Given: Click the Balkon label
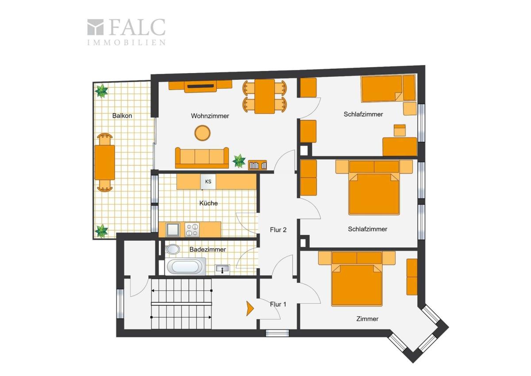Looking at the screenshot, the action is tap(122, 116).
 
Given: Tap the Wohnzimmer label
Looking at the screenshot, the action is tap(210, 116).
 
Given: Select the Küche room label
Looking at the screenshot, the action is tap(208, 203).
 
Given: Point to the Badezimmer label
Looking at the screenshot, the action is tap(208, 249).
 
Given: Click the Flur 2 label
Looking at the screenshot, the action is tap(278, 230).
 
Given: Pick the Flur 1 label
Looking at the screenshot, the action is tap(278, 304).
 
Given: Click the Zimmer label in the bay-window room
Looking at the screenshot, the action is tap(367, 319).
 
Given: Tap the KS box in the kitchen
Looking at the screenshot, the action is tap(208, 182).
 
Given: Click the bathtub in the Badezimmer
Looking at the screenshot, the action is tap(186, 266).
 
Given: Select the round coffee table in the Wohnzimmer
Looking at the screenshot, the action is tap(203, 133).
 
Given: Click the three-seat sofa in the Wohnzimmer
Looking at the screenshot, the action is tap(202, 158).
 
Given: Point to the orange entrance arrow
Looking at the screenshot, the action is tap(250, 309).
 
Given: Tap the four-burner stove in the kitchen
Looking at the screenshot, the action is tap(192, 230).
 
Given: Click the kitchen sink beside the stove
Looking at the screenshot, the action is tap(173, 230).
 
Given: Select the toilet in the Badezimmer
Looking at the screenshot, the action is tap(173, 249).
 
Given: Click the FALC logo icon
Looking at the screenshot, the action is tap(96, 27).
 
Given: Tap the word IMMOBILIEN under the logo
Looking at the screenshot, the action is tap(127, 43).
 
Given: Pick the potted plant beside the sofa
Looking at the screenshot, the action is tap(239, 161).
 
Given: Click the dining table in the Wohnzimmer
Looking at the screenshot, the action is tap(265, 96).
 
